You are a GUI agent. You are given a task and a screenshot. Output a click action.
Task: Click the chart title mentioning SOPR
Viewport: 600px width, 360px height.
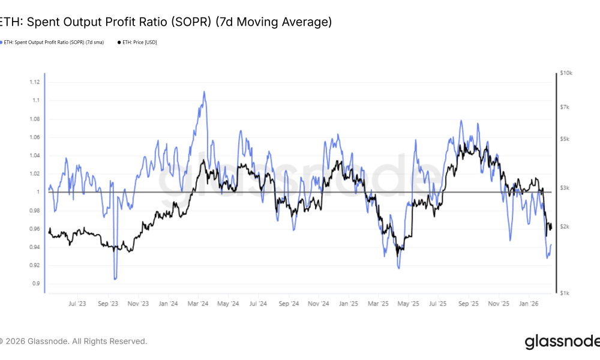coord(165,22)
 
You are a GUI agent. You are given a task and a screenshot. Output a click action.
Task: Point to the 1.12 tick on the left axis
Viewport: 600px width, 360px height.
coord(34,82)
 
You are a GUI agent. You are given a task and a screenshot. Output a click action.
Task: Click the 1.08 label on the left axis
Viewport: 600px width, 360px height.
coord(34,119)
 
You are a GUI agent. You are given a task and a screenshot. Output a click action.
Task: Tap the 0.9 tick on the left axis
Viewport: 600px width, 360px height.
coord(37,284)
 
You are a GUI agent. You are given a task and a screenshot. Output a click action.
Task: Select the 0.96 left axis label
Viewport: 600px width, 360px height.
coord(34,229)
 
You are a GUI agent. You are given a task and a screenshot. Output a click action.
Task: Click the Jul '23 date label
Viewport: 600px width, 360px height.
coord(77,304)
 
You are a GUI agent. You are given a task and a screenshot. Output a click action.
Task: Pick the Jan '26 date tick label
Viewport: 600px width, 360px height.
coord(529,304)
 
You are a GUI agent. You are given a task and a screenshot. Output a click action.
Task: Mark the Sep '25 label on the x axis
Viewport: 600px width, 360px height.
coord(468,304)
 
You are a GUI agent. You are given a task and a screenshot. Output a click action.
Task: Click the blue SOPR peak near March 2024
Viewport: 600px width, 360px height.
coord(204,92)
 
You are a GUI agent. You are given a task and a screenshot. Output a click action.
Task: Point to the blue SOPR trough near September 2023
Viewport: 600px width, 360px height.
coord(115,278)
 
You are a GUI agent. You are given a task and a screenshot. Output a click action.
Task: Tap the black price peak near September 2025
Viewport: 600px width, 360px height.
coord(465,144)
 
